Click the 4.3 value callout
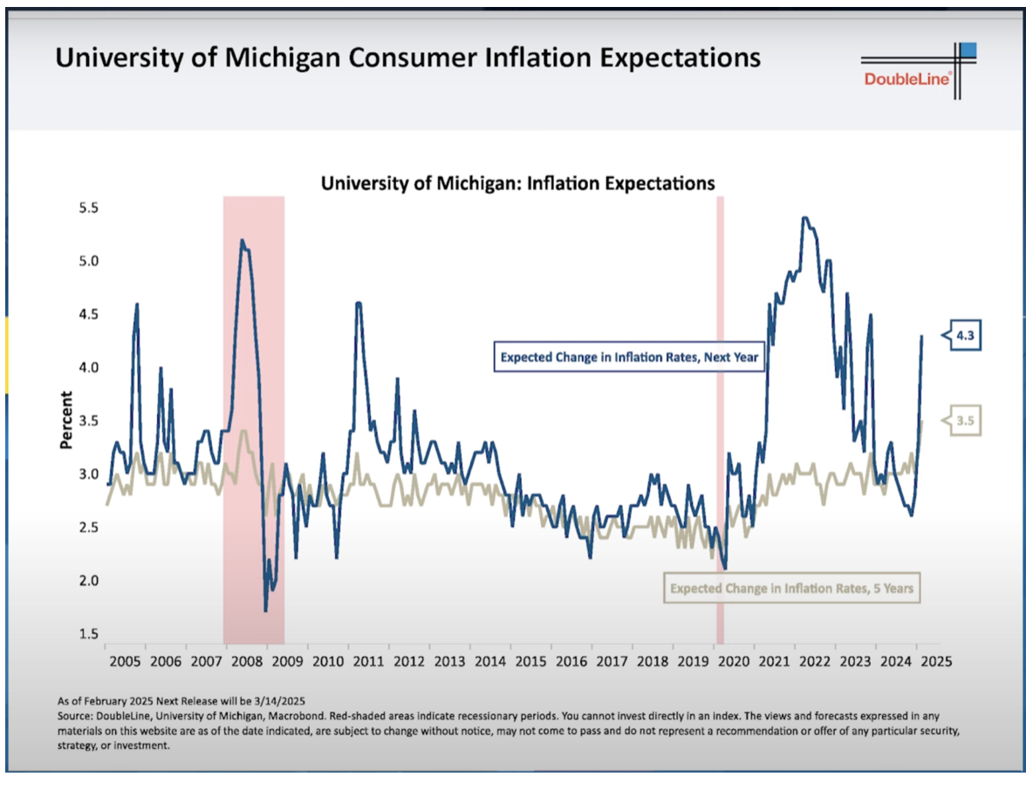[964, 337]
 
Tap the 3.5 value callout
[964, 421]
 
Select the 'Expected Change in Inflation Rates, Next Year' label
[628, 356]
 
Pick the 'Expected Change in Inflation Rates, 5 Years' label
[791, 589]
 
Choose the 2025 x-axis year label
[935, 662]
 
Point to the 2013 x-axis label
[449, 662]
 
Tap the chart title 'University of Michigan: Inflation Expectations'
[518, 184]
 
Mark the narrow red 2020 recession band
[721, 419]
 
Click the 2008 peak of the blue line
[241, 240]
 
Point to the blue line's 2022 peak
[804, 218]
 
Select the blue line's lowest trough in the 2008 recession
[265, 610]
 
